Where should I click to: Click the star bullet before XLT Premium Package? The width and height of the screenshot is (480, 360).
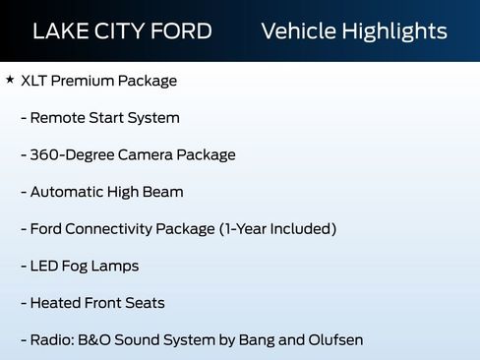click(x=10, y=80)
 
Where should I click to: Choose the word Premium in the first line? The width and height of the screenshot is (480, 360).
click(x=88, y=81)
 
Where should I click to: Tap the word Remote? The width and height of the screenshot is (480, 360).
click(x=58, y=118)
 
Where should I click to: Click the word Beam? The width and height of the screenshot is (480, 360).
click(x=163, y=192)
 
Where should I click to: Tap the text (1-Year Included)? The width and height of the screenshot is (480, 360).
click(x=278, y=229)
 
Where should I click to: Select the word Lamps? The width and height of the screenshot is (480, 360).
click(x=117, y=267)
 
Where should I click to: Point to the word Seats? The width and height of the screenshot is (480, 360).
click(x=144, y=303)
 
